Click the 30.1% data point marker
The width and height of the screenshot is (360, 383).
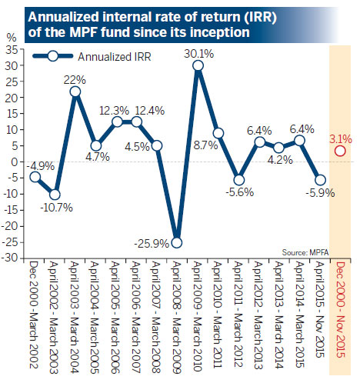[198, 65]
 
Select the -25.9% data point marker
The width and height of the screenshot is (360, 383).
[177, 242]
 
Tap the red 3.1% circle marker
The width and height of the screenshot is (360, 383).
[340, 151]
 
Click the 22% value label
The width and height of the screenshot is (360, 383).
[75, 78]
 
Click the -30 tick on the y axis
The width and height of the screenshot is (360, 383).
[15, 259]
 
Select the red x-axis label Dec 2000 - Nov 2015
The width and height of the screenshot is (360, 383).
[340, 315]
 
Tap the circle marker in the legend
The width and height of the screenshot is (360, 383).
[53, 56]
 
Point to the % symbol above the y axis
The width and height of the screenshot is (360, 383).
[11, 36]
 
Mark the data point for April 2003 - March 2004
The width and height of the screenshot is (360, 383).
[76, 92]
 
